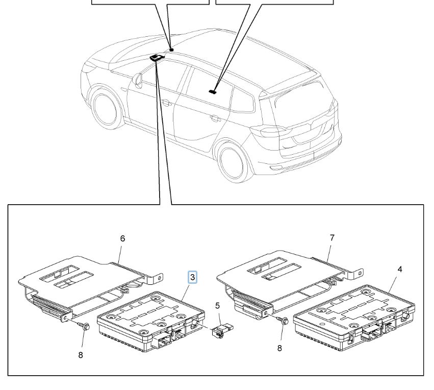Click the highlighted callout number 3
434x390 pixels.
193,277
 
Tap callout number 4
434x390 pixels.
399,269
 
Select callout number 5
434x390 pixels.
217,306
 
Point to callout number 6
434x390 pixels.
122,238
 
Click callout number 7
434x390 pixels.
333,238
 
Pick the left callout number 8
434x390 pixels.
81,355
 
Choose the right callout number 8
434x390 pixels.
279,349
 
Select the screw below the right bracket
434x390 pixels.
284,321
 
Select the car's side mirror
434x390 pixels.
137,79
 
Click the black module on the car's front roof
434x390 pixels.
157,58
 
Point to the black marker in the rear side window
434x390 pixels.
213,92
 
